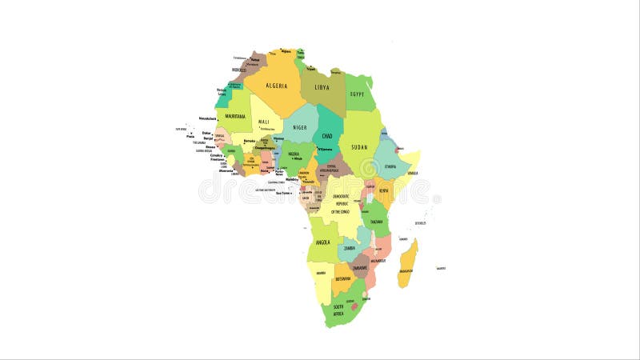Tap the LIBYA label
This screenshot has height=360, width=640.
pos(322,87)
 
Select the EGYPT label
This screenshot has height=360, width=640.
pos(358,94)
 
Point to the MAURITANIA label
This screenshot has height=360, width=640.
pos(235,116)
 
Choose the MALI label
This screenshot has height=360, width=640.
pos(263,122)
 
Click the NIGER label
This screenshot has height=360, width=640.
pos(300,127)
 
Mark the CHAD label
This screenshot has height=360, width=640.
pos(328,136)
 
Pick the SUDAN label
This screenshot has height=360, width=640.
pos(360,147)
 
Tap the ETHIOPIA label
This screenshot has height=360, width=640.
pos(390,166)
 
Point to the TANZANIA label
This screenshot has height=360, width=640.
pos(376,222)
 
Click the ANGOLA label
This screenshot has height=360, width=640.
pos(323,241)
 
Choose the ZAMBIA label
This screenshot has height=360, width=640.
pos(350,248)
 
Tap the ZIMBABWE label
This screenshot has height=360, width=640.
pos(358,267)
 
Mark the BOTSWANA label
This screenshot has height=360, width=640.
pos(342,278)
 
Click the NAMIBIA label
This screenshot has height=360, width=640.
pos(321,273)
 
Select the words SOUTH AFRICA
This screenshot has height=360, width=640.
pos(338,309)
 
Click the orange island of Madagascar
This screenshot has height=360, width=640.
pos(407,262)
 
